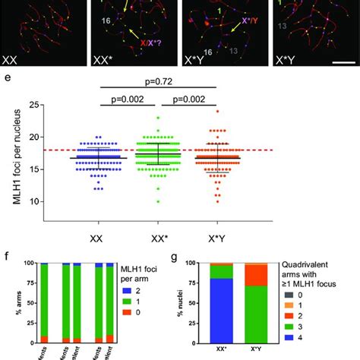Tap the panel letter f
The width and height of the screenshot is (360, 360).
click(6, 257)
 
